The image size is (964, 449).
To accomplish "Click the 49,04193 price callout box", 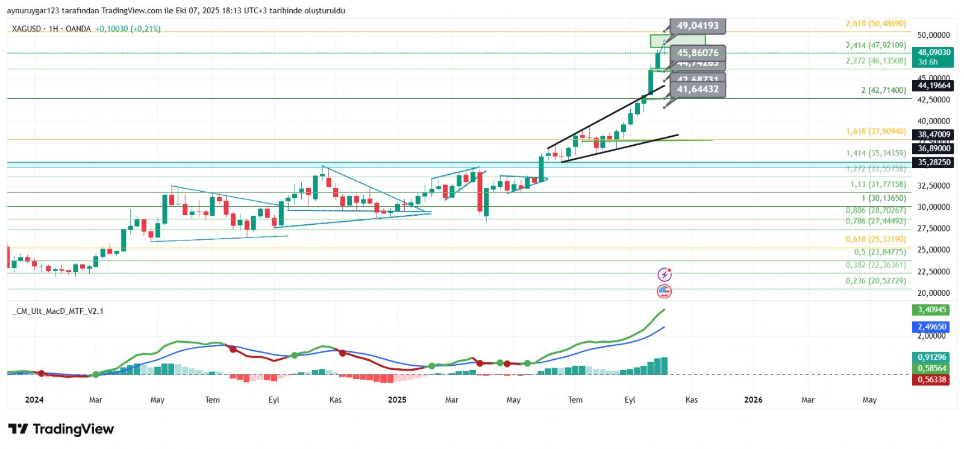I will pos(697,26).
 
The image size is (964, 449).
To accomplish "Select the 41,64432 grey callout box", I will pos(697,89).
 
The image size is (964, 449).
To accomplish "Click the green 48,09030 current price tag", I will pos(934,57).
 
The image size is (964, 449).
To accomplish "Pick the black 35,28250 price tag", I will pos(934,162).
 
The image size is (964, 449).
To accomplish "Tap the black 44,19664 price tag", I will pos(934,86).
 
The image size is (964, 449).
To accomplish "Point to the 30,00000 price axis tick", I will pos(933,207).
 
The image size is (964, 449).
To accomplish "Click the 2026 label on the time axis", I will pos(753,400).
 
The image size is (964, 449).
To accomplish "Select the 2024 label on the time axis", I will pos(34,400).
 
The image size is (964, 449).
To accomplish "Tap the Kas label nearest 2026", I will pos(692,400).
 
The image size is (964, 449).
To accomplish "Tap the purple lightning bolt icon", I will pos(664,275).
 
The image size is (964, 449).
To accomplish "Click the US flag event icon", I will pos(664,292).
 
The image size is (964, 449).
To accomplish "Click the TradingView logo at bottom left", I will pos(61,429).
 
